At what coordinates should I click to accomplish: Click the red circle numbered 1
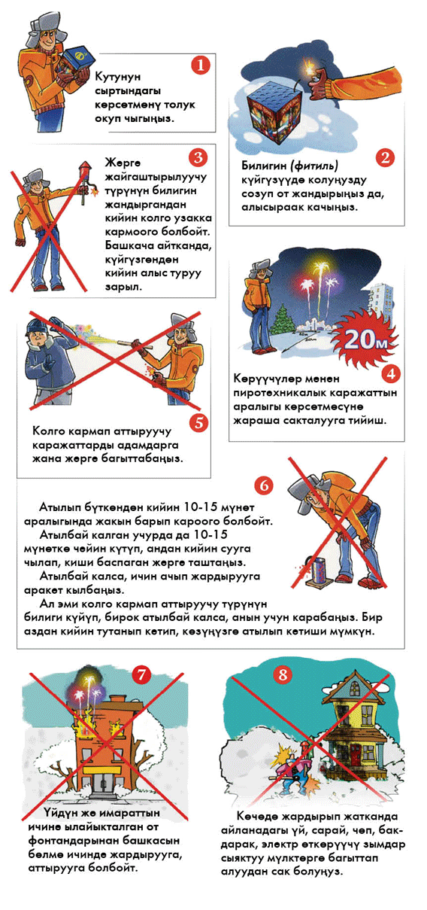click(x=200, y=65)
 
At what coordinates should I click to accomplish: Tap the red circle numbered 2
click(x=385, y=157)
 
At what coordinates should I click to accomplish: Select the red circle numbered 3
click(x=198, y=157)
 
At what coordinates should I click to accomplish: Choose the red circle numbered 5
click(x=198, y=422)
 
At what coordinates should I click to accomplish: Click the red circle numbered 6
click(x=264, y=485)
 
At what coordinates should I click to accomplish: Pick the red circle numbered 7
click(x=141, y=674)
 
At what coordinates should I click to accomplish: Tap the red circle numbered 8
click(x=283, y=674)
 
